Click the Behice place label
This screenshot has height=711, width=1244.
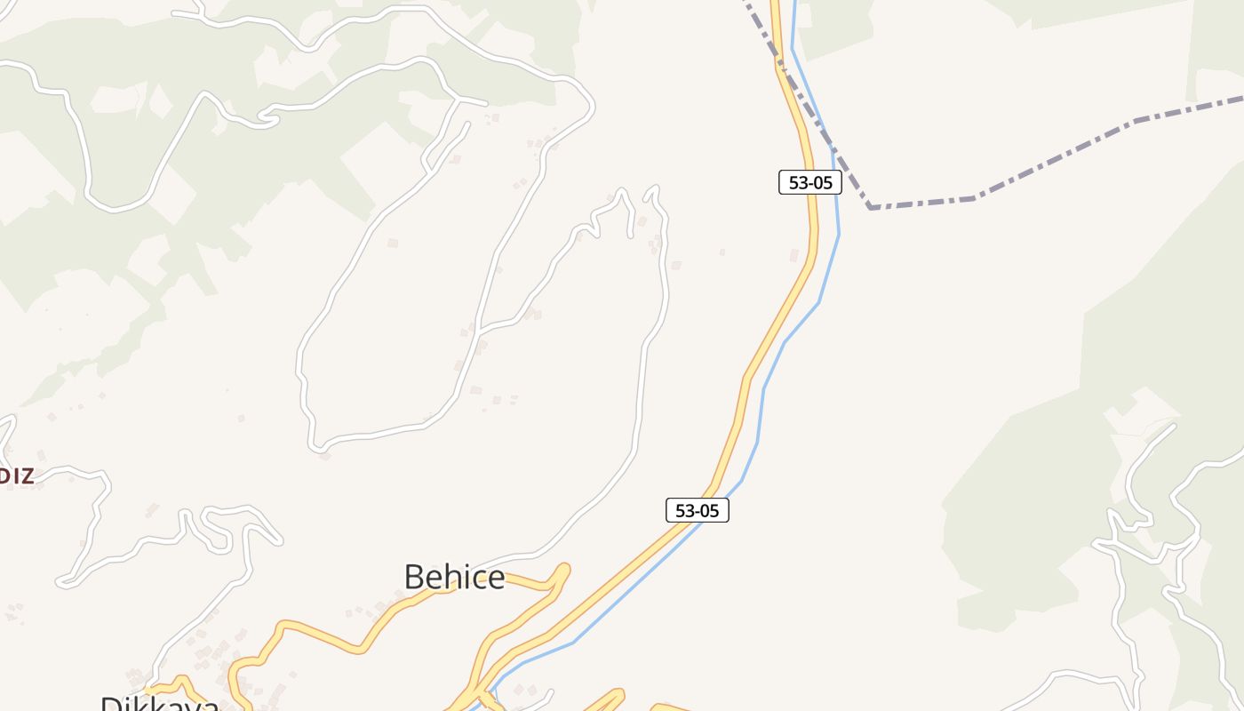click(454, 578)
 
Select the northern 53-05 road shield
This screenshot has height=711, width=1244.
click(809, 182)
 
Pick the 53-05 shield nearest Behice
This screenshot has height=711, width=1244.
click(697, 510)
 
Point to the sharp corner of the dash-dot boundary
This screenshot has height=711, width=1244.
click(871, 207)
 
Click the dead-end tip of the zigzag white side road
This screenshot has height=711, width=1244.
click(631, 236)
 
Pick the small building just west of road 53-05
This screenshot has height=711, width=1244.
click(794, 256)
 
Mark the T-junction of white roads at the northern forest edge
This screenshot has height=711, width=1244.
click(458, 99)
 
